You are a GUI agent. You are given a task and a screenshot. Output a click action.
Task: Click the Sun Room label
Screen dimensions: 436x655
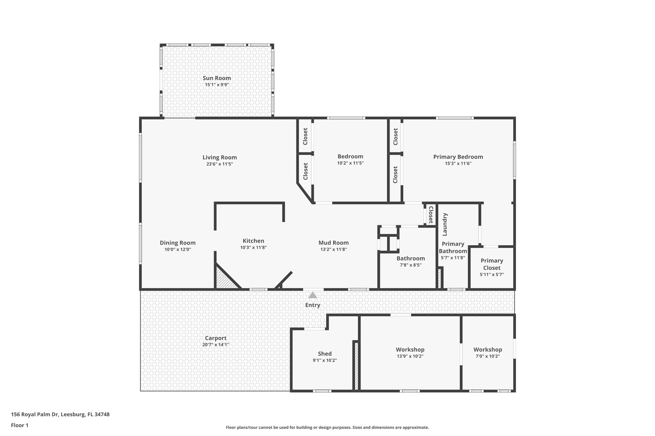pyautogui.click(x=217, y=78)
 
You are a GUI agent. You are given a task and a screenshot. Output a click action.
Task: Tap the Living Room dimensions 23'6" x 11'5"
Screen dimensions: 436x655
pyautogui.click(x=219, y=164)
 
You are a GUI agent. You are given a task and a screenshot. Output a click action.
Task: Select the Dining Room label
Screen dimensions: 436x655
pyautogui.click(x=178, y=243)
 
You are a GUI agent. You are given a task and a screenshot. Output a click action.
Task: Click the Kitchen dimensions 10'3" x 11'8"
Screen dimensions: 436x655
pyautogui.click(x=253, y=248)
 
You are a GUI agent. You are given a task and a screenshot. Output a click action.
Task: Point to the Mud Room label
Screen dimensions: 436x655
pyautogui.click(x=333, y=243)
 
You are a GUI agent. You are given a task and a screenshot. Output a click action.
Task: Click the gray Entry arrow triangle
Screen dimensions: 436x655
pyautogui.click(x=312, y=295)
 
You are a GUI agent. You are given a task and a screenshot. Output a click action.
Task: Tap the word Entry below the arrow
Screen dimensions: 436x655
pyautogui.click(x=312, y=305)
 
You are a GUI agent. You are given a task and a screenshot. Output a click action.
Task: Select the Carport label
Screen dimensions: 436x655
pyautogui.click(x=216, y=338)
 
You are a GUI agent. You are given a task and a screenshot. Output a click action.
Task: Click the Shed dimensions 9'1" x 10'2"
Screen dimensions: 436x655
pyautogui.click(x=325, y=360)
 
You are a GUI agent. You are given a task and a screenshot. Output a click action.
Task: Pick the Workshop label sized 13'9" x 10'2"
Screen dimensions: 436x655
pyautogui.click(x=410, y=350)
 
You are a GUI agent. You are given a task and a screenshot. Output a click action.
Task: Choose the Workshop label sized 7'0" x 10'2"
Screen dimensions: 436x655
pyautogui.click(x=487, y=350)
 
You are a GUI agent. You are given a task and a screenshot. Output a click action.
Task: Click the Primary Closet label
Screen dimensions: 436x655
pyautogui.click(x=492, y=264)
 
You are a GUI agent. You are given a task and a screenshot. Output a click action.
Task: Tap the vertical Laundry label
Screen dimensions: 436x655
pyautogui.click(x=445, y=224)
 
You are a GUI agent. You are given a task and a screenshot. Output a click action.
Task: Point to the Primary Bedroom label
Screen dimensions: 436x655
pyautogui.click(x=458, y=157)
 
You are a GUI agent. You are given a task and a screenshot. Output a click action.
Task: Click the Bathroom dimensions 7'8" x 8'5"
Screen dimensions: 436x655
pyautogui.click(x=411, y=265)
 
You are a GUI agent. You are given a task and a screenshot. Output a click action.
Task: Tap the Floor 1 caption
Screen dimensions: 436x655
pyautogui.click(x=20, y=425)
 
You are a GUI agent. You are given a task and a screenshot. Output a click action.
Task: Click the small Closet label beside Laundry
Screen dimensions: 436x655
pyautogui.click(x=431, y=215)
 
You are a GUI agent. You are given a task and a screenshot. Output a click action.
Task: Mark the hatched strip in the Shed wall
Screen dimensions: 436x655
pyautogui.click(x=356, y=366)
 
